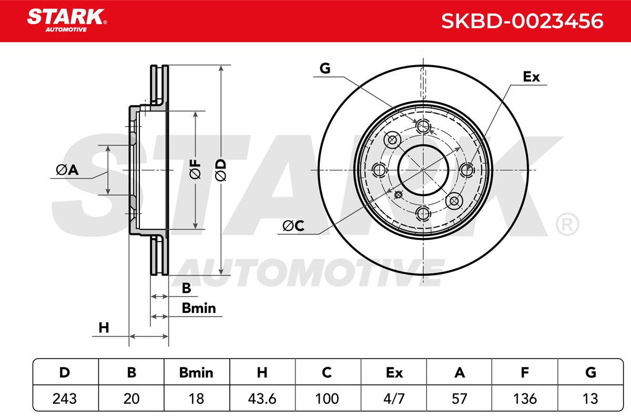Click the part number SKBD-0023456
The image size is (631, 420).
click(522, 21)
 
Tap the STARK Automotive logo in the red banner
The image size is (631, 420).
click(67, 20)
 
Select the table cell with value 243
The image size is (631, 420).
click(64, 398)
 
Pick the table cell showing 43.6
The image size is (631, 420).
click(262, 398)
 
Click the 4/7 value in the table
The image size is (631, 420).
click(394, 398)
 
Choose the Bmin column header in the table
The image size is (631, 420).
click(196, 373)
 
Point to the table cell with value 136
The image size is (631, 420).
click(525, 398)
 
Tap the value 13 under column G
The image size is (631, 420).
click(590, 398)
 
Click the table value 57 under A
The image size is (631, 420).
click(459, 398)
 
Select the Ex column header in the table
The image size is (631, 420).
click(394, 373)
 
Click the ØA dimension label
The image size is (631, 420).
click(67, 170)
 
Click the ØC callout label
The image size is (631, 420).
click(293, 226)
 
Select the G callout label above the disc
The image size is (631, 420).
click(325, 68)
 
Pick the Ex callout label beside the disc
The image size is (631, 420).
click(531, 77)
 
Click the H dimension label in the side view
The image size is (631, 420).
click(104, 328)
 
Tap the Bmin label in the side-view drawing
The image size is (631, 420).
click(199, 308)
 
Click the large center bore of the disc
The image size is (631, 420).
click(423, 170)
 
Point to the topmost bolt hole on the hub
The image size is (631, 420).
click(423, 127)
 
